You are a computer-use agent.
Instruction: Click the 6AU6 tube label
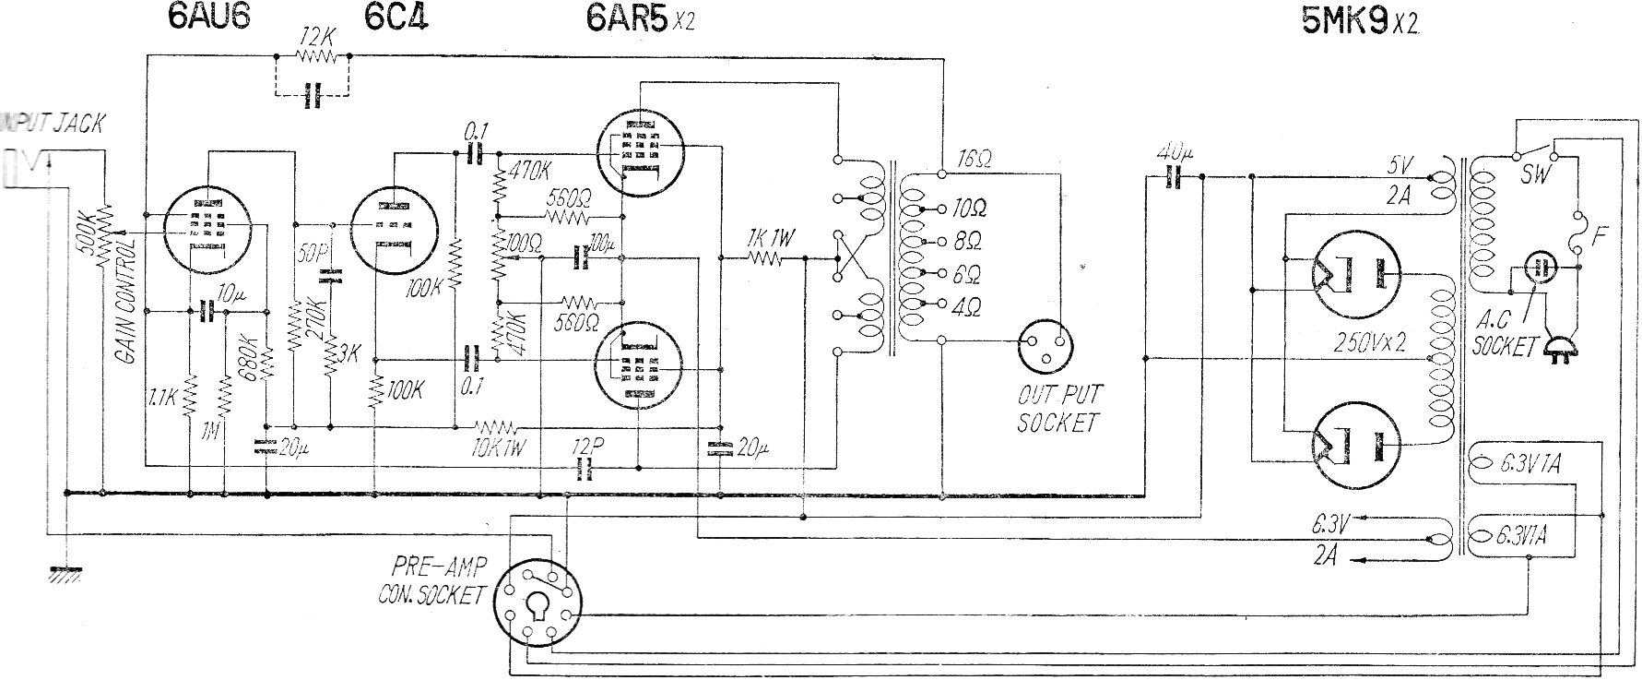tap(209, 19)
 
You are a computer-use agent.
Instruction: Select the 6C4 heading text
tap(396, 19)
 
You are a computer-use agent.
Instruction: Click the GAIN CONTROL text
tap(126, 300)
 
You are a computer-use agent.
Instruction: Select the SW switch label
tap(1535, 174)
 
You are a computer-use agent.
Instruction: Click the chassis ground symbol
tap(63, 574)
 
